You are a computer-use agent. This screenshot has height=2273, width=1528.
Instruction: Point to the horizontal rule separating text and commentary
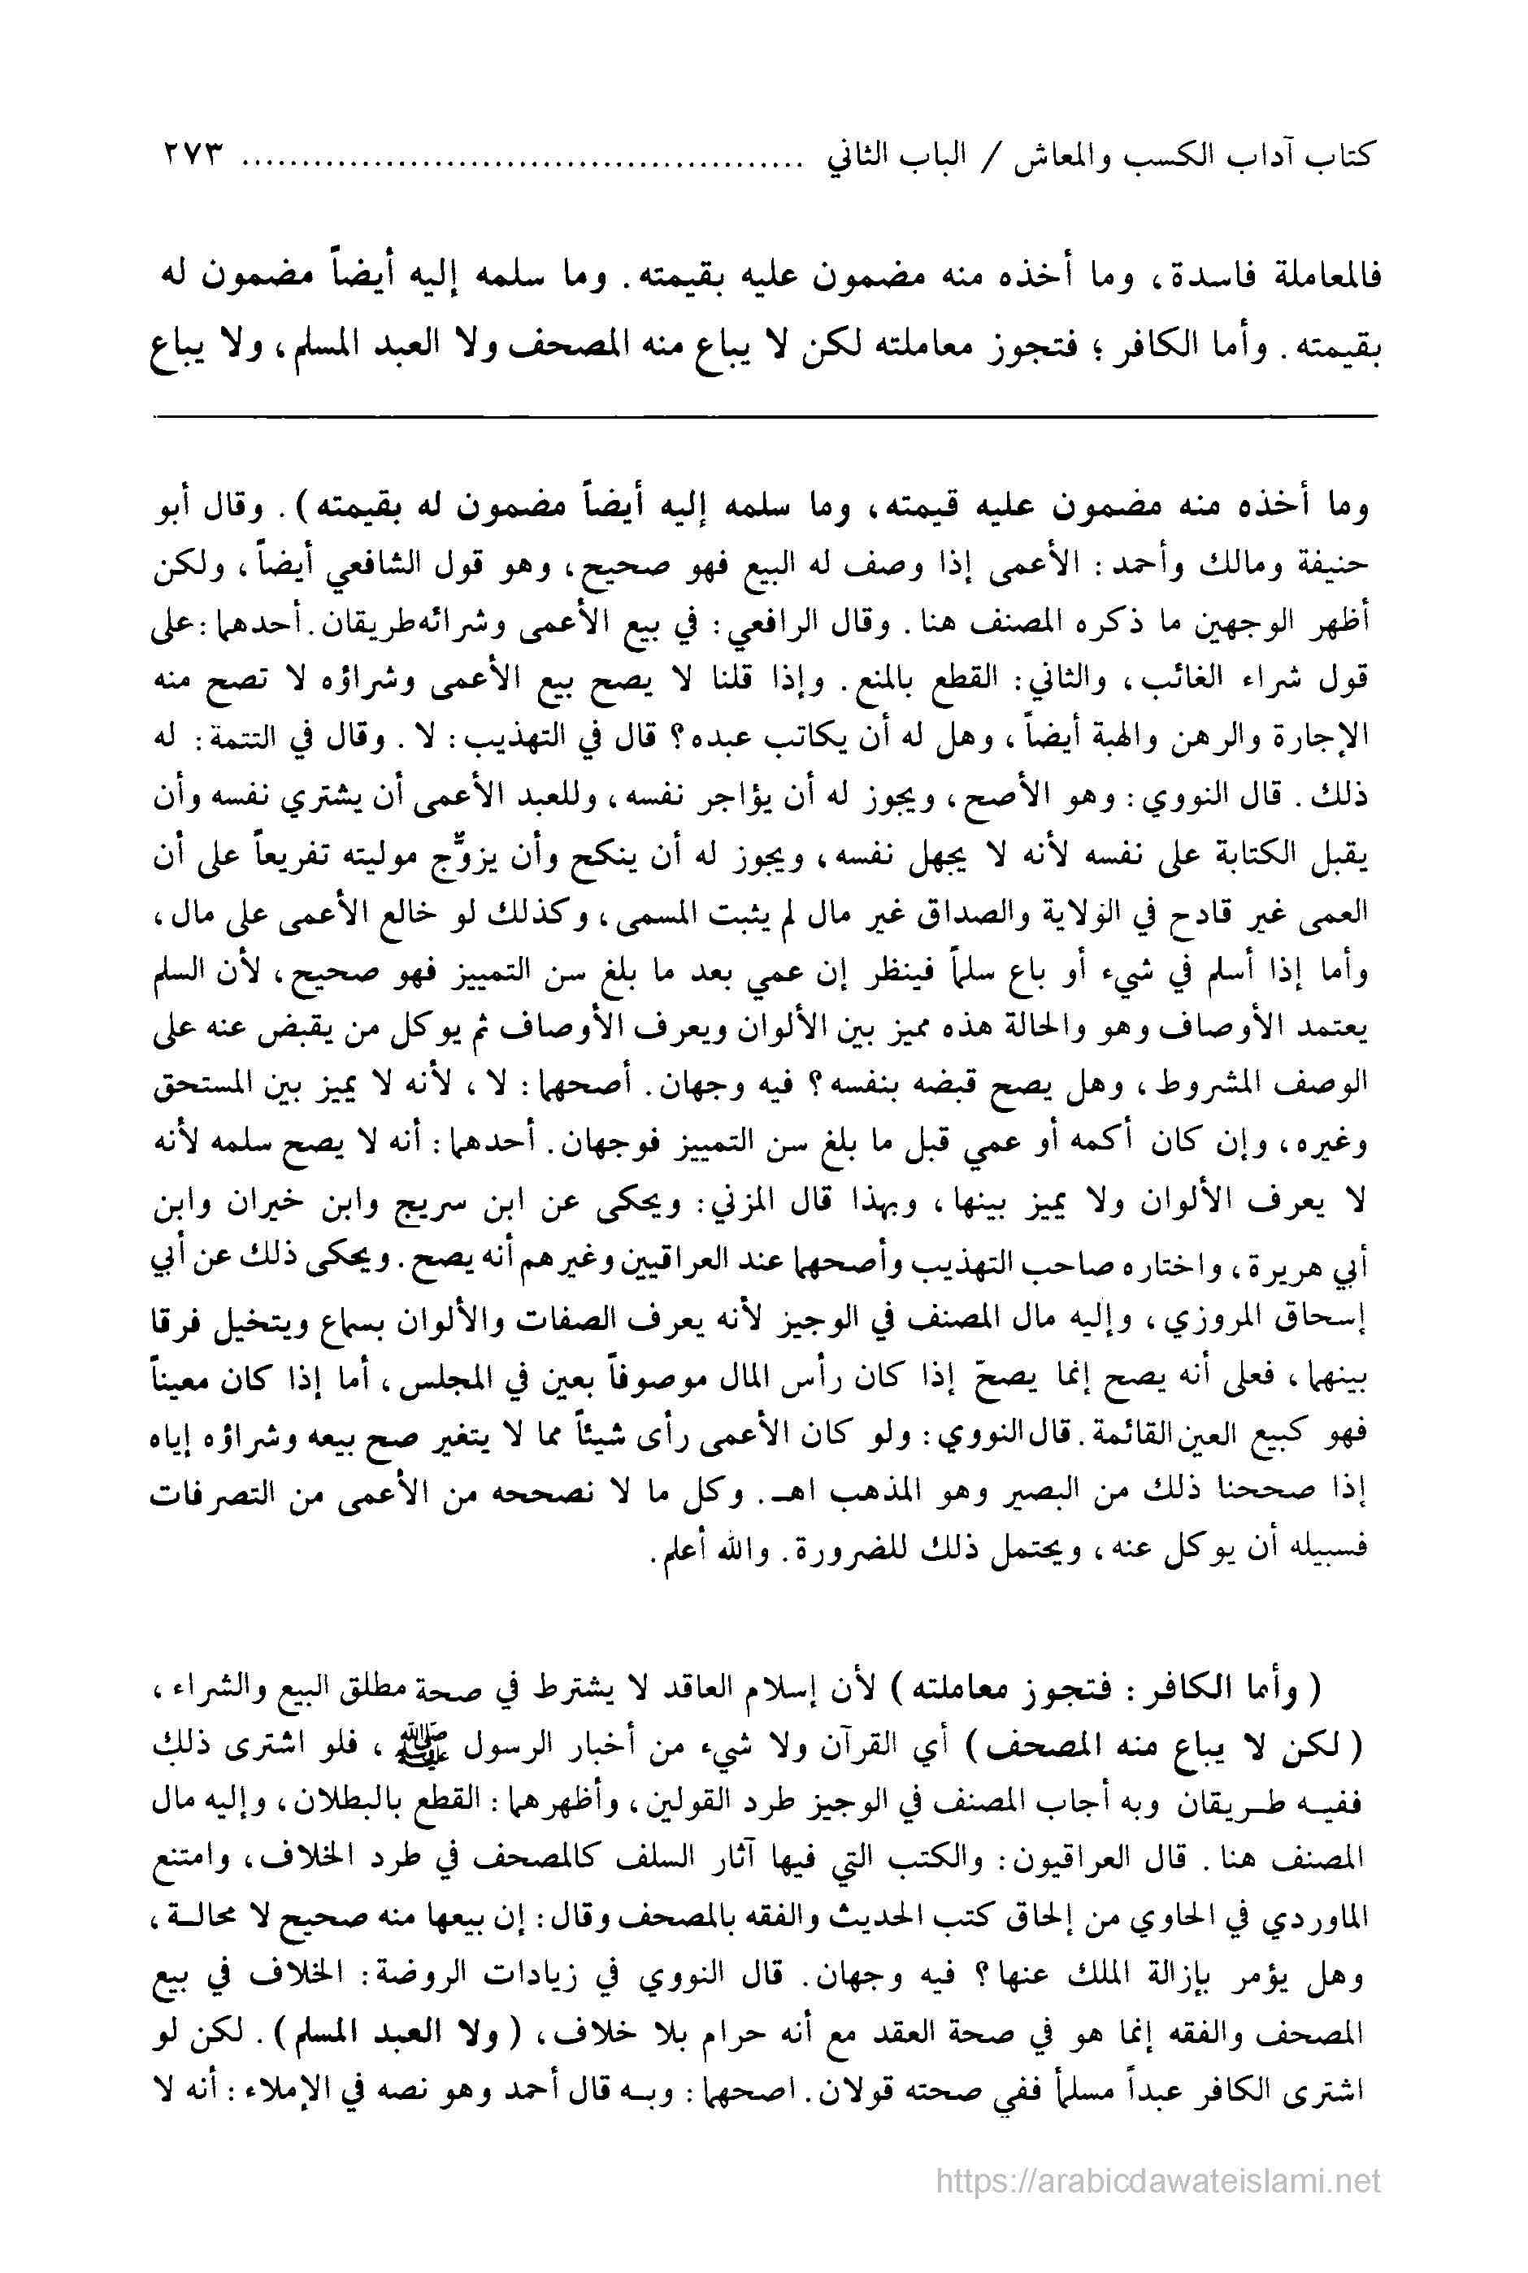point(764,418)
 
